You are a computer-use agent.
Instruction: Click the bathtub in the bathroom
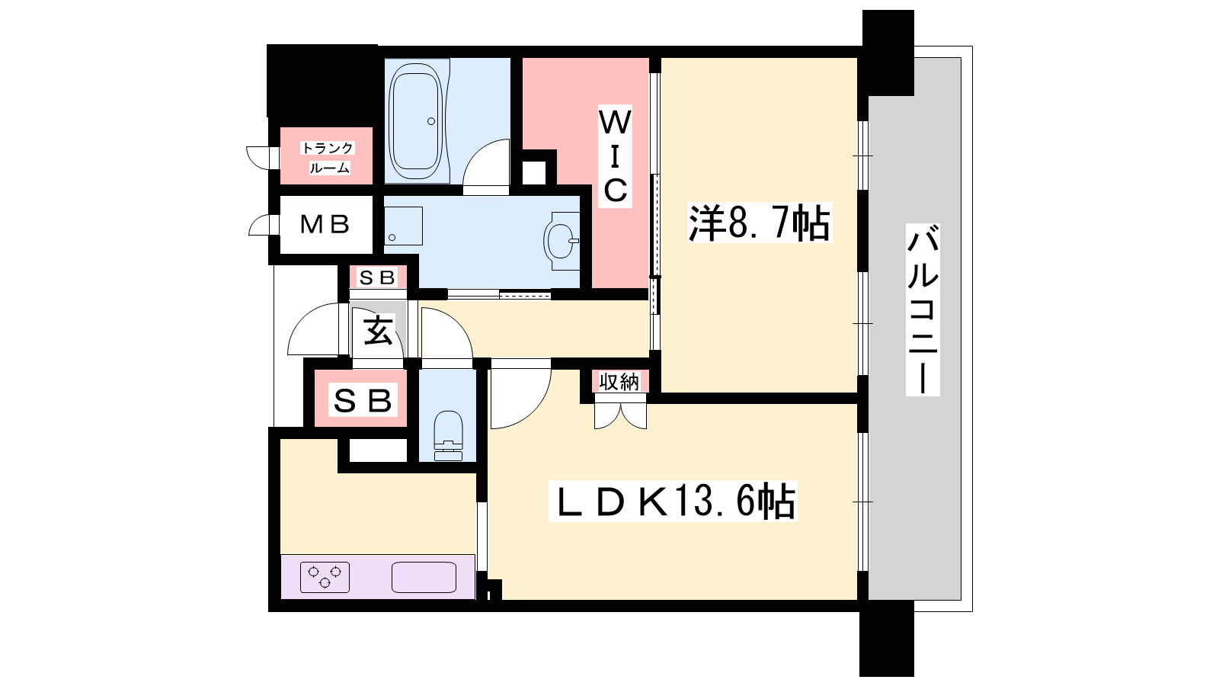415,121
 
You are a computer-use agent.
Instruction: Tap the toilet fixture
449,435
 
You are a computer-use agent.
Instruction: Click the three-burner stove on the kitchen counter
325,577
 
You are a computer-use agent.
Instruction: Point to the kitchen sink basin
424,577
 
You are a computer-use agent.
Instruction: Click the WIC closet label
615,156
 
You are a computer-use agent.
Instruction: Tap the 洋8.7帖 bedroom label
759,223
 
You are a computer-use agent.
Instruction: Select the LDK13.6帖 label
673,501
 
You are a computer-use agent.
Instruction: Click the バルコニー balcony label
923,309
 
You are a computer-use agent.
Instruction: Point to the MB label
325,224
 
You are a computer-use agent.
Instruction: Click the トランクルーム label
328,158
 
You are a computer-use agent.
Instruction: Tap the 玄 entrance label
378,331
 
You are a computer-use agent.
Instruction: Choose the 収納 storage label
619,382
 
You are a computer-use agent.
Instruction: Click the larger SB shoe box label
363,401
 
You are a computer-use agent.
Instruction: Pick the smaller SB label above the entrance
377,277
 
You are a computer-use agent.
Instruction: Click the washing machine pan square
403,226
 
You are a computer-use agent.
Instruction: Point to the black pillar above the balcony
888,53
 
